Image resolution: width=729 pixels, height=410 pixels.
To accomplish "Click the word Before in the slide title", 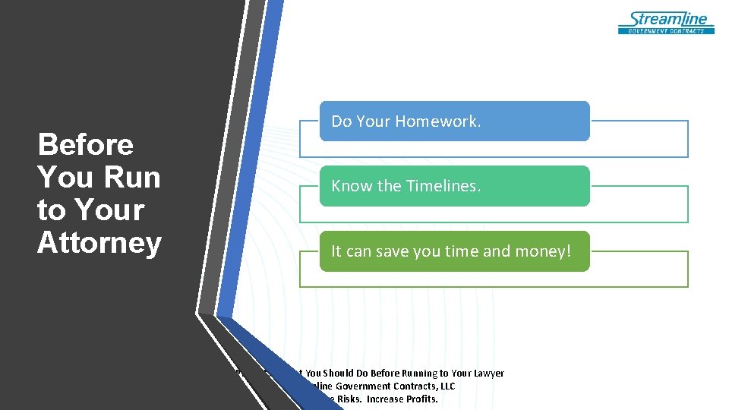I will (x=85, y=144).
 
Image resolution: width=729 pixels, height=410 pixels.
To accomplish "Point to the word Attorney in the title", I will (x=99, y=243).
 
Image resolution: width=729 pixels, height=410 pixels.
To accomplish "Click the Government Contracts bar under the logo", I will (x=667, y=31).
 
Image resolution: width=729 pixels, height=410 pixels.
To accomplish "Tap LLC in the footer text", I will (x=445, y=386).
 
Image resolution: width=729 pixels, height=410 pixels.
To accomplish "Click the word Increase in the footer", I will (x=387, y=399).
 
